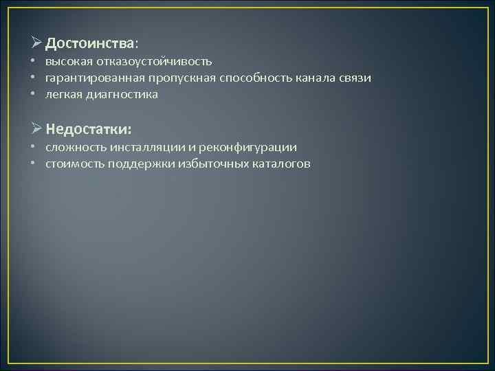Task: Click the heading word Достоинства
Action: coord(91,43)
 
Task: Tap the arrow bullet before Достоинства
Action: coord(36,43)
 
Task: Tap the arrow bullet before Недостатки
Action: coord(36,129)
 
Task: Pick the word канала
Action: coord(309,78)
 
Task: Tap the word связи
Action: coord(354,78)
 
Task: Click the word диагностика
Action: coord(121,95)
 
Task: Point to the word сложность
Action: coord(74,148)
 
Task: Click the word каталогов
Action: coord(283,164)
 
